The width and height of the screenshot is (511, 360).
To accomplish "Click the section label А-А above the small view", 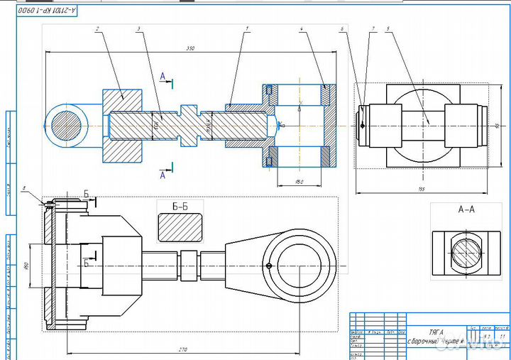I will [466, 209].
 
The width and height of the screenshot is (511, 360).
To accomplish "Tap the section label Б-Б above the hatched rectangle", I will [180, 207].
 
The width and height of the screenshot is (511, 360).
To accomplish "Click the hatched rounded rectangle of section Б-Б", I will [180, 229].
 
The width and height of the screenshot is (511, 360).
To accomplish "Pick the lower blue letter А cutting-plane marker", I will [163, 175].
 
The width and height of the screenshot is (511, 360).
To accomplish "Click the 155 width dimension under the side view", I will [422, 188].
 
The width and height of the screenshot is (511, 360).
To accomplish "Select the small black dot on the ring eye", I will [269, 266].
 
